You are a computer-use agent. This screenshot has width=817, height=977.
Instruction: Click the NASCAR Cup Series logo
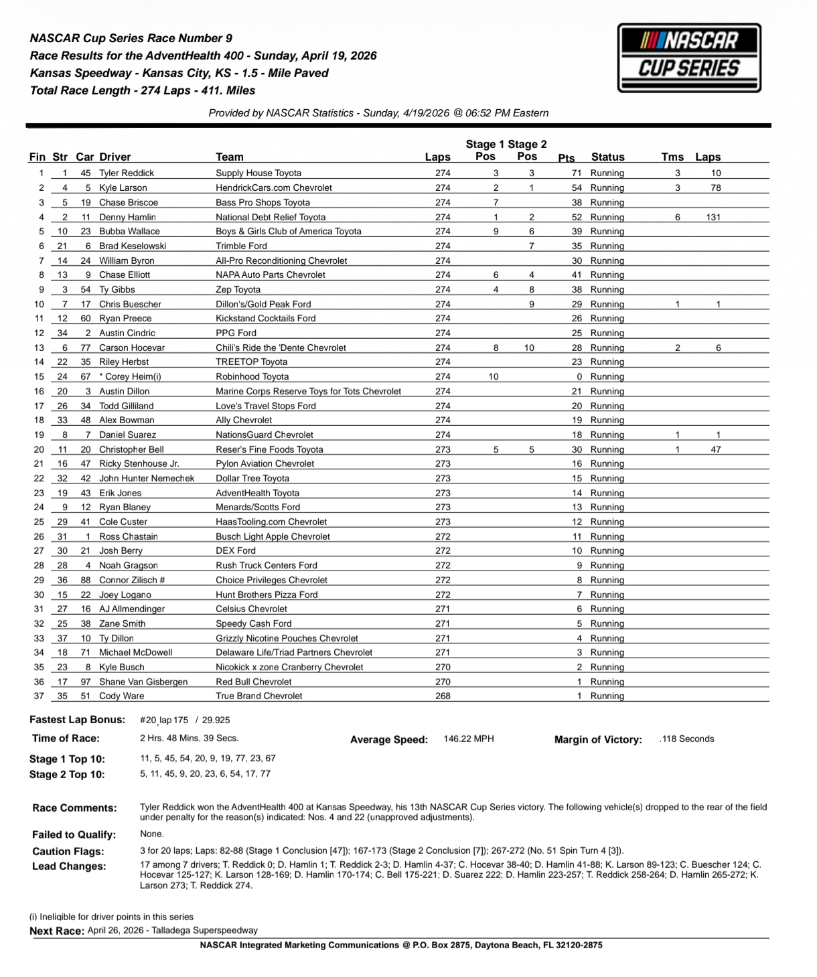689,58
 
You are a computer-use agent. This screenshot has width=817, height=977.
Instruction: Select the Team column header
229,157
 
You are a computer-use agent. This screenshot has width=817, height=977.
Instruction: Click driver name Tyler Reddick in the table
127,173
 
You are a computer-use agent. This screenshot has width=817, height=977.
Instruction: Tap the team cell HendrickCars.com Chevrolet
273,187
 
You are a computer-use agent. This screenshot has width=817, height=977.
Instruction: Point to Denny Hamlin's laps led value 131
713,217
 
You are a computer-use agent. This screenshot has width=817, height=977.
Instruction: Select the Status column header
607,157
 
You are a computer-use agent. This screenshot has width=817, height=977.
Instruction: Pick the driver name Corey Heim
133,376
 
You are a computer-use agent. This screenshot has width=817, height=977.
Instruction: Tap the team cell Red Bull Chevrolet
253,682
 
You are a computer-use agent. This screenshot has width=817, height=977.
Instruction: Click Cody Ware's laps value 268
443,696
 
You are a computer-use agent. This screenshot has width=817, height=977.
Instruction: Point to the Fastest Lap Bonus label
77,720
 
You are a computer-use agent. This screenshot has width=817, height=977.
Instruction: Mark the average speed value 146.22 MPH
468,739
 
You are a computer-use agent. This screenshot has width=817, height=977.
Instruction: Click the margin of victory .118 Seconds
686,739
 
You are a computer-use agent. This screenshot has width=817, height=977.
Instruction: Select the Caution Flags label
68,851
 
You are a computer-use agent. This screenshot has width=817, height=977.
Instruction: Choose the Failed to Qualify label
74,834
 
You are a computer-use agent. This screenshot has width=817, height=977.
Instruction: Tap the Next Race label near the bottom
57,931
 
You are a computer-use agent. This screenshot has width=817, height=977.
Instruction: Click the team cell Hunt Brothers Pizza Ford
267,595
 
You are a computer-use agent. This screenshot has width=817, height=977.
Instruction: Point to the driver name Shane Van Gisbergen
143,682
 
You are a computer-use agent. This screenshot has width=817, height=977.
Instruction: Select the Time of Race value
189,738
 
